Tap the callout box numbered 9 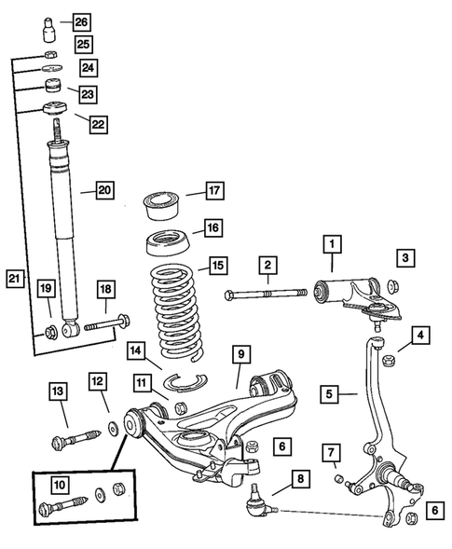tap(240, 354)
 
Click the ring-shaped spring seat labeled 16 tap(169, 248)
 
